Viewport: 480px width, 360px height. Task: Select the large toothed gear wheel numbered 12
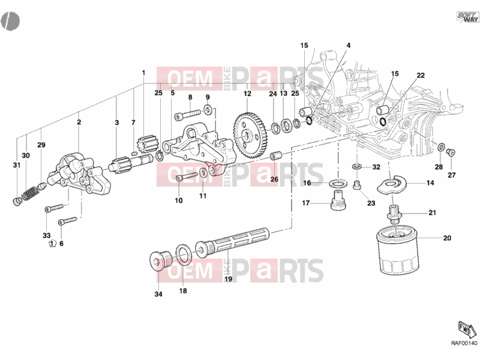248,135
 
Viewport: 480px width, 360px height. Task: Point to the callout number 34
158,294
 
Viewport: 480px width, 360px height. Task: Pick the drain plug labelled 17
338,200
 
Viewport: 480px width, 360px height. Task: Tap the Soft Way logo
467,17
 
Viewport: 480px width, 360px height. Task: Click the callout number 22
421,75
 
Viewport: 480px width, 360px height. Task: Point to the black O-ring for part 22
382,122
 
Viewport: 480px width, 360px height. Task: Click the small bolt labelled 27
451,152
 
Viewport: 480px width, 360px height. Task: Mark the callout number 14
430,183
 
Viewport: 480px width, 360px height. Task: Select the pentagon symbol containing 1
52,244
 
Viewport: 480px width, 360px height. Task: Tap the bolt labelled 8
187,115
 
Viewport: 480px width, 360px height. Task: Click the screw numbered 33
54,208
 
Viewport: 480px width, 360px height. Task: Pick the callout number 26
274,179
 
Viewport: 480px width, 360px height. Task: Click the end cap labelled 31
17,202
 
